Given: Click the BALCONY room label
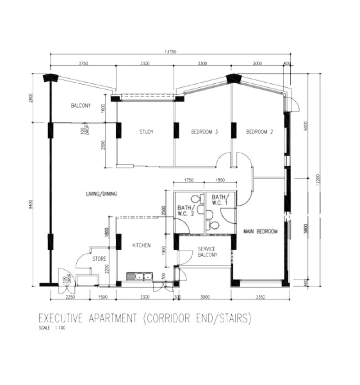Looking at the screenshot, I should click(81, 106).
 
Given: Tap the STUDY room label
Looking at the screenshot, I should click(146, 132).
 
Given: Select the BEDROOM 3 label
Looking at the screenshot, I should click(204, 132).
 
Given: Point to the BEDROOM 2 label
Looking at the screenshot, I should click(260, 132).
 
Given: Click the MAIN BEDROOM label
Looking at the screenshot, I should click(261, 231).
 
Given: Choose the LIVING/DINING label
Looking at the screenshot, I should click(102, 194).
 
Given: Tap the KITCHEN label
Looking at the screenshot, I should click(141, 246).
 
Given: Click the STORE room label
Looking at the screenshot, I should click(99, 259).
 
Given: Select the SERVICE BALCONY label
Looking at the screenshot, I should click(207, 252).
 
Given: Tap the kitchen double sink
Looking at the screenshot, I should click(140, 276).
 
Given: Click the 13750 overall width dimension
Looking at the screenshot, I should click(170, 52).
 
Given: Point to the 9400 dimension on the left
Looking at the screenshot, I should click(31, 205).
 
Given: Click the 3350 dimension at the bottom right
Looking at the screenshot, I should click(260, 298).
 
